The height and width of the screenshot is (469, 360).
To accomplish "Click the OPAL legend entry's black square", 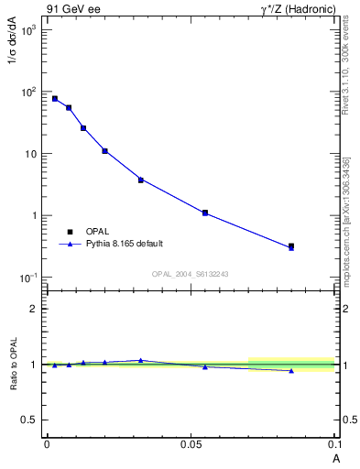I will point(69,231).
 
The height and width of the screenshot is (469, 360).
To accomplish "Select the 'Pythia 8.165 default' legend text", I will point(125,244).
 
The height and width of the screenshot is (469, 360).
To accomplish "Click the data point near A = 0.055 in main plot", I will point(205,213).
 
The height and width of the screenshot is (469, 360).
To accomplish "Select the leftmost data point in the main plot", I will point(55,99).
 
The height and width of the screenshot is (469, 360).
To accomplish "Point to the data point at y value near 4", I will point(141,180).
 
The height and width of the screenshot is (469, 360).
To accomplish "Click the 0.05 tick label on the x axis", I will point(191,443).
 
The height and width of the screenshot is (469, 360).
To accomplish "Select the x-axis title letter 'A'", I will point(335,456).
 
